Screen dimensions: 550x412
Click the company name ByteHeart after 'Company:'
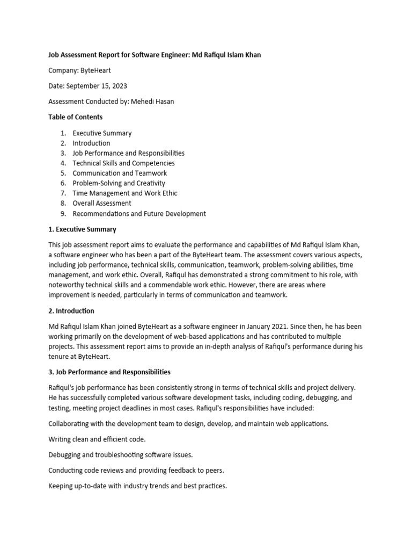(x=97, y=70)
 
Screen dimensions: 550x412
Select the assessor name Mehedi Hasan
(x=153, y=102)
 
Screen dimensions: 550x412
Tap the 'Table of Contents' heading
(x=75, y=117)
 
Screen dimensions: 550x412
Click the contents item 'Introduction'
(x=91, y=143)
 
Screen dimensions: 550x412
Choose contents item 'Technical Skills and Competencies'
(x=123, y=163)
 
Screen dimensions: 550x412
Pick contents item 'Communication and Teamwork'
(x=120, y=173)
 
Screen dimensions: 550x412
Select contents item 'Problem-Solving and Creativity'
(x=119, y=183)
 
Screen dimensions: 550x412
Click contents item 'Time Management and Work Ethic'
(x=124, y=193)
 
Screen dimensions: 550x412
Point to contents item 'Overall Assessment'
(x=102, y=203)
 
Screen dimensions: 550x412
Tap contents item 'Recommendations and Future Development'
(x=139, y=213)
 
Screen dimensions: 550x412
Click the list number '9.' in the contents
(x=63, y=213)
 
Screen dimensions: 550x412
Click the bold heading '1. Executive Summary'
(x=82, y=229)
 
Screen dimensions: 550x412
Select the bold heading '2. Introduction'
(x=71, y=311)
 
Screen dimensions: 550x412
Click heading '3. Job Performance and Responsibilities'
(x=109, y=372)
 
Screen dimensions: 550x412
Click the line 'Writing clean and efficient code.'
(x=97, y=439)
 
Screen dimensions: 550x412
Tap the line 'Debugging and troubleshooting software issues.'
(x=120, y=455)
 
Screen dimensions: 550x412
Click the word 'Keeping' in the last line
(x=61, y=486)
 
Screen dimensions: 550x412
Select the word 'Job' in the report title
(x=54, y=55)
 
